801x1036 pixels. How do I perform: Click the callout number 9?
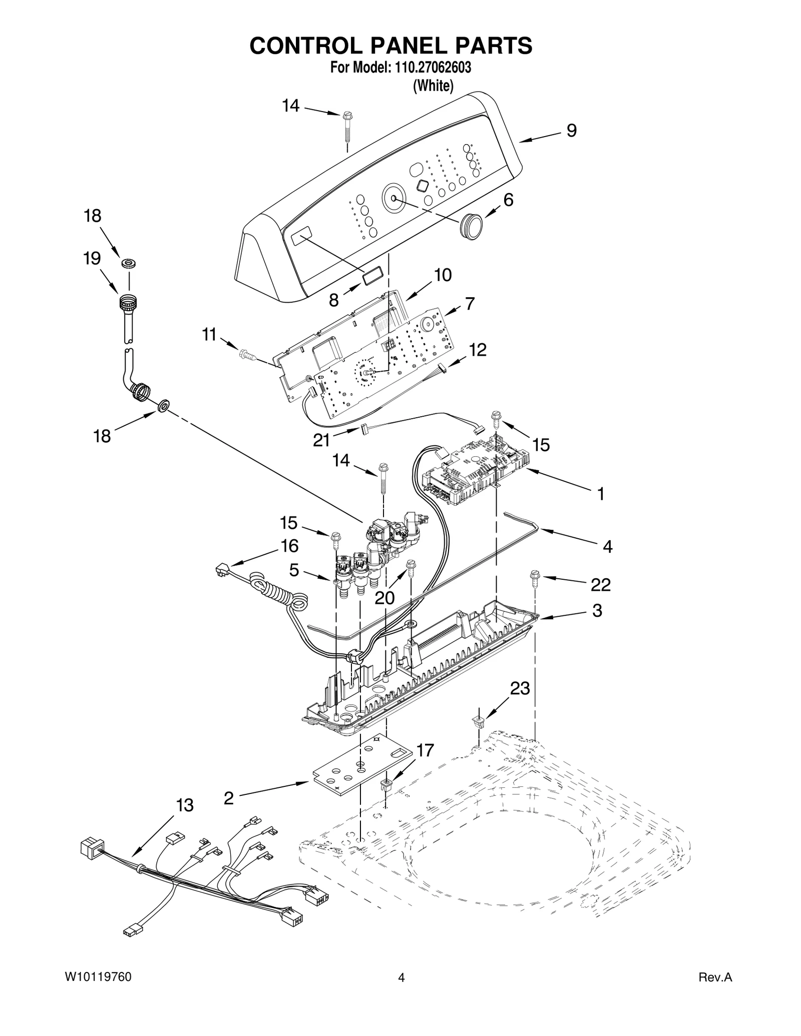click(x=571, y=131)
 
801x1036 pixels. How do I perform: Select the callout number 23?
click(x=520, y=688)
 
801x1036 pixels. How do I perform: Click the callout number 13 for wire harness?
click(x=184, y=805)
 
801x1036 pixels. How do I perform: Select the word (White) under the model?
click(x=433, y=86)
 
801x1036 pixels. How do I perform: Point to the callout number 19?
click(x=92, y=259)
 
